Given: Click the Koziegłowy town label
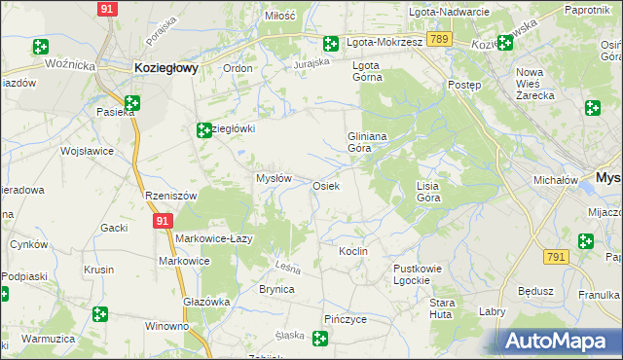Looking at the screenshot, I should [x=165, y=68].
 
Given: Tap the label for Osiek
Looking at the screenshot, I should [x=325, y=186].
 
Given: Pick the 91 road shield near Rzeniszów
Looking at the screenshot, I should [x=163, y=222].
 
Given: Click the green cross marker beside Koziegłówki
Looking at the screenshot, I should [x=204, y=130].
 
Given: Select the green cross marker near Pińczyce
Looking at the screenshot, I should [x=319, y=339].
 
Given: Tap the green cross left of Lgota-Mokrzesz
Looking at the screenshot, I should [x=331, y=44].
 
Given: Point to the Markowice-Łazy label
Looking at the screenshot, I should [x=215, y=239].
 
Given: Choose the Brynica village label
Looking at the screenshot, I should [x=276, y=289].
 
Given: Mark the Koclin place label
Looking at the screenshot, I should [x=352, y=251].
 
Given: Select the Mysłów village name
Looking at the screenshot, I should [x=274, y=178].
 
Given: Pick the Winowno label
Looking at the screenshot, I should [x=166, y=326].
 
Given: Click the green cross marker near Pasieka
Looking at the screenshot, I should [x=131, y=102].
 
